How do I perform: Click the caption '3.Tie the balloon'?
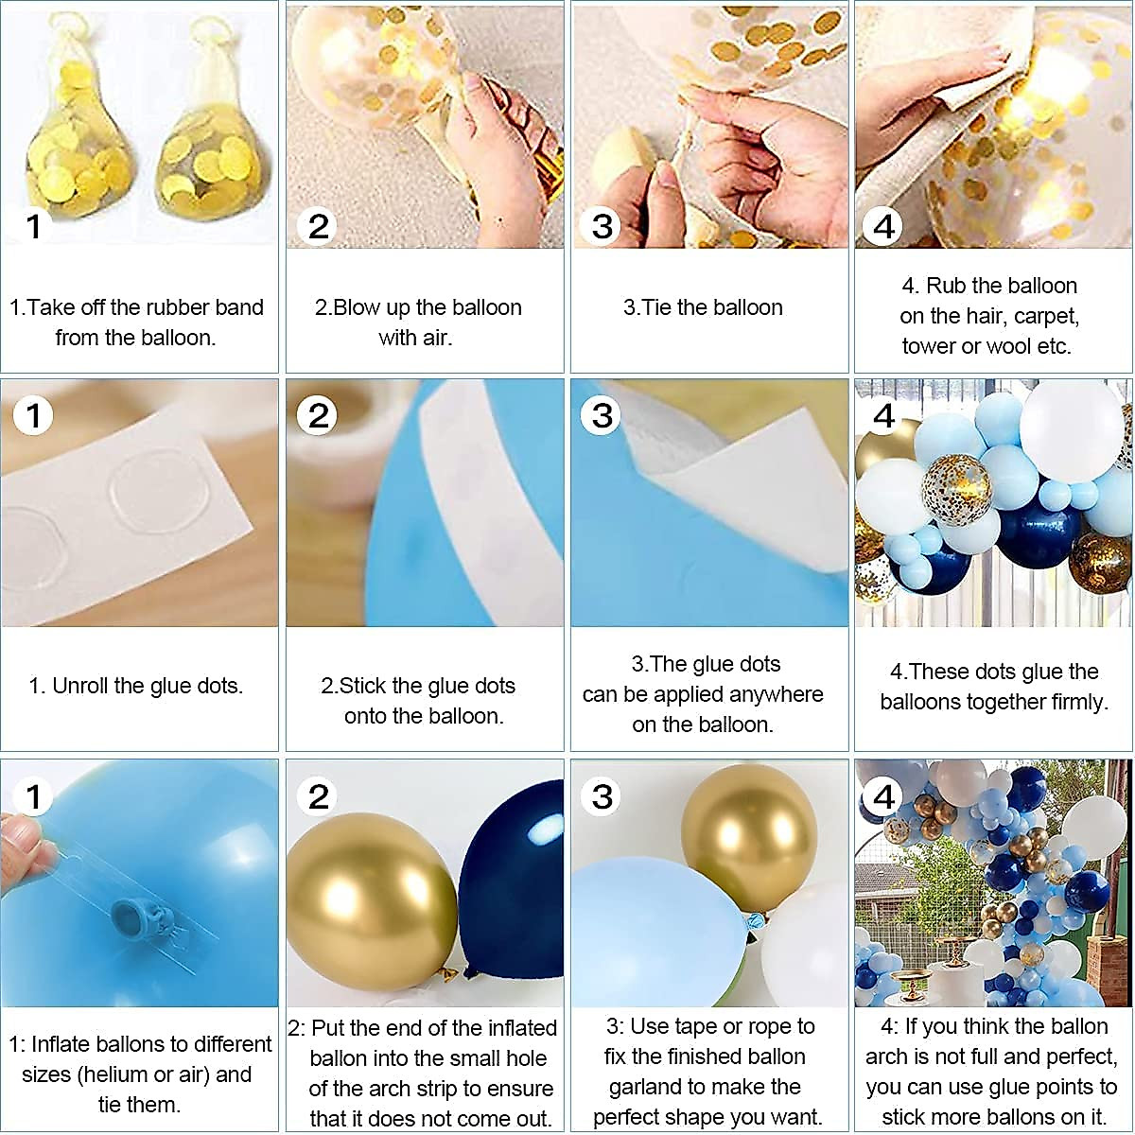[703, 307]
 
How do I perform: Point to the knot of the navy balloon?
[466, 972]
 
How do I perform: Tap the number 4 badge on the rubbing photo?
[884, 226]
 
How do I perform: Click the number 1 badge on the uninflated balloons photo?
[34, 226]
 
